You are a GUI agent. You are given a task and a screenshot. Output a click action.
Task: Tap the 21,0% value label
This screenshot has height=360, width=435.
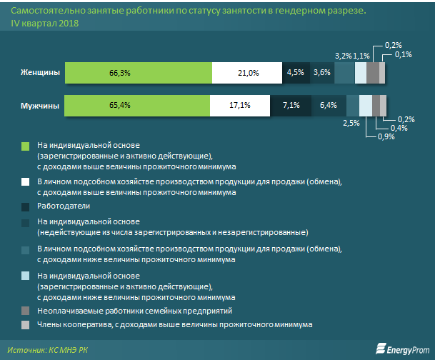pos(248,72)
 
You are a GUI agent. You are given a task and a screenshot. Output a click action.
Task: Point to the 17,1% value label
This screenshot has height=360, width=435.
pos(239,106)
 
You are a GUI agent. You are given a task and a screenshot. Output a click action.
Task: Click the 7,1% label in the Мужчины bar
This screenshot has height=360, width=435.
pos(290,106)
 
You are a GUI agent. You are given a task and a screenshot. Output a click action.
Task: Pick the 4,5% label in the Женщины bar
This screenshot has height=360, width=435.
pos(295,72)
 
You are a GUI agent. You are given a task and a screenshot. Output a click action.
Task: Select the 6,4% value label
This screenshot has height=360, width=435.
pos(329,106)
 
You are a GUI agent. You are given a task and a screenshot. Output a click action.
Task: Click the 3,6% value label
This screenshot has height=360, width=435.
pos(321,72)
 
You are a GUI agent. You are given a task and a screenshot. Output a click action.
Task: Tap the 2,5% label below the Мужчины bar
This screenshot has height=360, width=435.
pos(351,123)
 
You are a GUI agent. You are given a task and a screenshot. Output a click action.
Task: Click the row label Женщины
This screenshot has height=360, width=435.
pos(39,72)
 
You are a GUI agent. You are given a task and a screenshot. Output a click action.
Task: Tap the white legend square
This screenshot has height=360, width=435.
pos(25,181)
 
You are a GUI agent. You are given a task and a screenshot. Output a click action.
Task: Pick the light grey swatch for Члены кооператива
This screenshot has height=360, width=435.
pos(25,324)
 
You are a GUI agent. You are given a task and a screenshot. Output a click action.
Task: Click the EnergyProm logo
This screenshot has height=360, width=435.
pos(402,349)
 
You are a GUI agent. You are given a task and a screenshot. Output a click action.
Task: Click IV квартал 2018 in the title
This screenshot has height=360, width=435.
pos(44,24)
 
